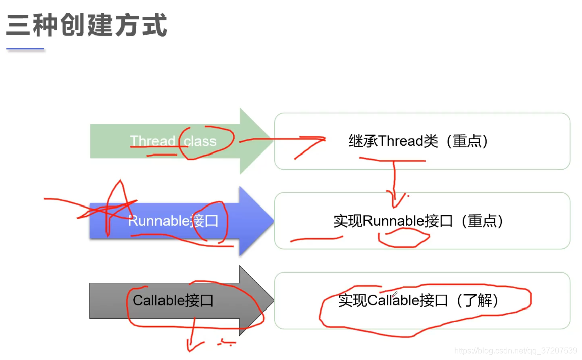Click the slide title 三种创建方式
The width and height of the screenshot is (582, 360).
[86, 25]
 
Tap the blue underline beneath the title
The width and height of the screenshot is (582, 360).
[25, 49]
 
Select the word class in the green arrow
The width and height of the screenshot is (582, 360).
[200, 141]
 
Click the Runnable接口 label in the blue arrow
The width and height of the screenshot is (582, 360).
[173, 221]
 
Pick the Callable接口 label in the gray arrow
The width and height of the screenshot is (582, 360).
[173, 300]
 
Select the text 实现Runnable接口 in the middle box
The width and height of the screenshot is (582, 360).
[393, 221]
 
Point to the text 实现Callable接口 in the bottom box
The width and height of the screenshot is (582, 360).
[393, 300]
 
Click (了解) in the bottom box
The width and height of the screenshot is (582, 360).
[477, 300]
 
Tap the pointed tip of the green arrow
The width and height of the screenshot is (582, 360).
[273, 141]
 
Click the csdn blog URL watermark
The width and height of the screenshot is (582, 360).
[515, 350]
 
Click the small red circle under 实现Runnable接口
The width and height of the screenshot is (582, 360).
[404, 237]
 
